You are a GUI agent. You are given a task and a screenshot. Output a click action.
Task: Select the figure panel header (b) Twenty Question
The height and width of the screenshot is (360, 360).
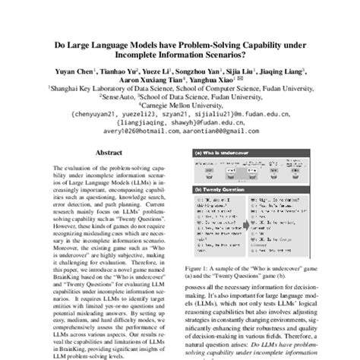(219, 190)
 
